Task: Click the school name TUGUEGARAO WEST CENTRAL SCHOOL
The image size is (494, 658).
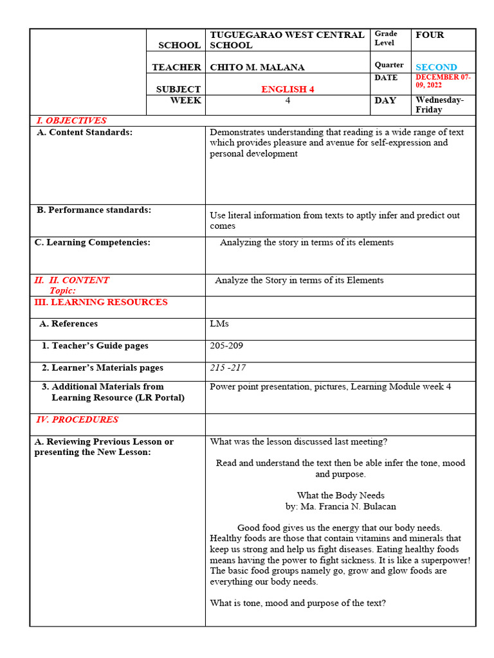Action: (x=287, y=40)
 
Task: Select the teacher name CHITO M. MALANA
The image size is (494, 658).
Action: (x=257, y=67)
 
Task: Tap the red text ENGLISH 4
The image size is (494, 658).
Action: (x=288, y=89)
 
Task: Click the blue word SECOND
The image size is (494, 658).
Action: (x=436, y=67)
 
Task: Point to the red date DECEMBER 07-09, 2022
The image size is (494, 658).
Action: (x=443, y=81)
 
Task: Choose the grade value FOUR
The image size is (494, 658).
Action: (x=430, y=35)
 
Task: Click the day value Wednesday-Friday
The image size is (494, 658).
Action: (x=439, y=105)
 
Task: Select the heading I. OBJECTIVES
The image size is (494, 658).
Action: (x=71, y=121)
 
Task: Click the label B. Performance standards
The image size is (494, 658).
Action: (x=94, y=210)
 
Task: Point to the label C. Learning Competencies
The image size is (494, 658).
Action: (x=92, y=242)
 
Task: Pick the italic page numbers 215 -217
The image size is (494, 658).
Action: (x=227, y=368)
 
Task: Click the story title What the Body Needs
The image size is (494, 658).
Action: (x=340, y=495)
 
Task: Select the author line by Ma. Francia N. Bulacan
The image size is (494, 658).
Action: (x=340, y=506)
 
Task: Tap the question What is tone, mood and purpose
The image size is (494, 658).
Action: (x=298, y=603)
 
